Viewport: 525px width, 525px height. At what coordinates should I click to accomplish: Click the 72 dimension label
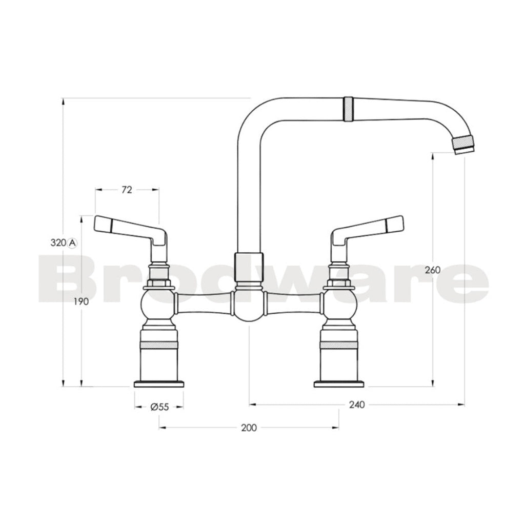click(x=127, y=190)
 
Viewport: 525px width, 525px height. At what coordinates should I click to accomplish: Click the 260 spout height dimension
click(x=433, y=270)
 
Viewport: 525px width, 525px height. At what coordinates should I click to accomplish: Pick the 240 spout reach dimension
click(x=356, y=405)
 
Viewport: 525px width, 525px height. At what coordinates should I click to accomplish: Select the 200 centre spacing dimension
click(x=249, y=428)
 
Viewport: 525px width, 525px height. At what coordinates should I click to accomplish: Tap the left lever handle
click(x=128, y=228)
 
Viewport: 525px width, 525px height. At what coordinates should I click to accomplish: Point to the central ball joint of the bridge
click(x=249, y=306)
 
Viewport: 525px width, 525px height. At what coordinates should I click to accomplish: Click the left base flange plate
click(x=159, y=383)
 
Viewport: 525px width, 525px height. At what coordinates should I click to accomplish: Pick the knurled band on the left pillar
click(x=159, y=345)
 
